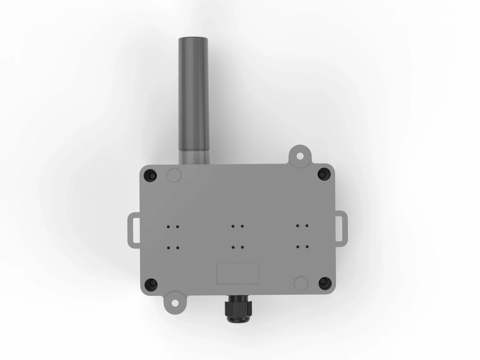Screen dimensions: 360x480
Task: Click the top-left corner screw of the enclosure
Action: click(x=151, y=175)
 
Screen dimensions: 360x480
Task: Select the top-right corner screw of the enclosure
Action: click(x=323, y=174)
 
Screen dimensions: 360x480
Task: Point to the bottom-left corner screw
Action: click(x=151, y=283)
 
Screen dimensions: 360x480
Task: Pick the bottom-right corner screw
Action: click(x=324, y=282)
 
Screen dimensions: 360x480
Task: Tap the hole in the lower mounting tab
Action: click(x=175, y=303)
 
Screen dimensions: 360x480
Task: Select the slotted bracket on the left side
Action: click(x=134, y=228)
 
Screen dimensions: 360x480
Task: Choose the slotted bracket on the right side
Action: click(x=340, y=228)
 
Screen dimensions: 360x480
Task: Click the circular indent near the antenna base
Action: click(x=174, y=175)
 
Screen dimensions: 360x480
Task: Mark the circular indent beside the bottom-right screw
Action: click(x=300, y=283)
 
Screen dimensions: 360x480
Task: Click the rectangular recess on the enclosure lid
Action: click(x=237, y=273)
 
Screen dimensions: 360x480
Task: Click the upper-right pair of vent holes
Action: click(x=301, y=226)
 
